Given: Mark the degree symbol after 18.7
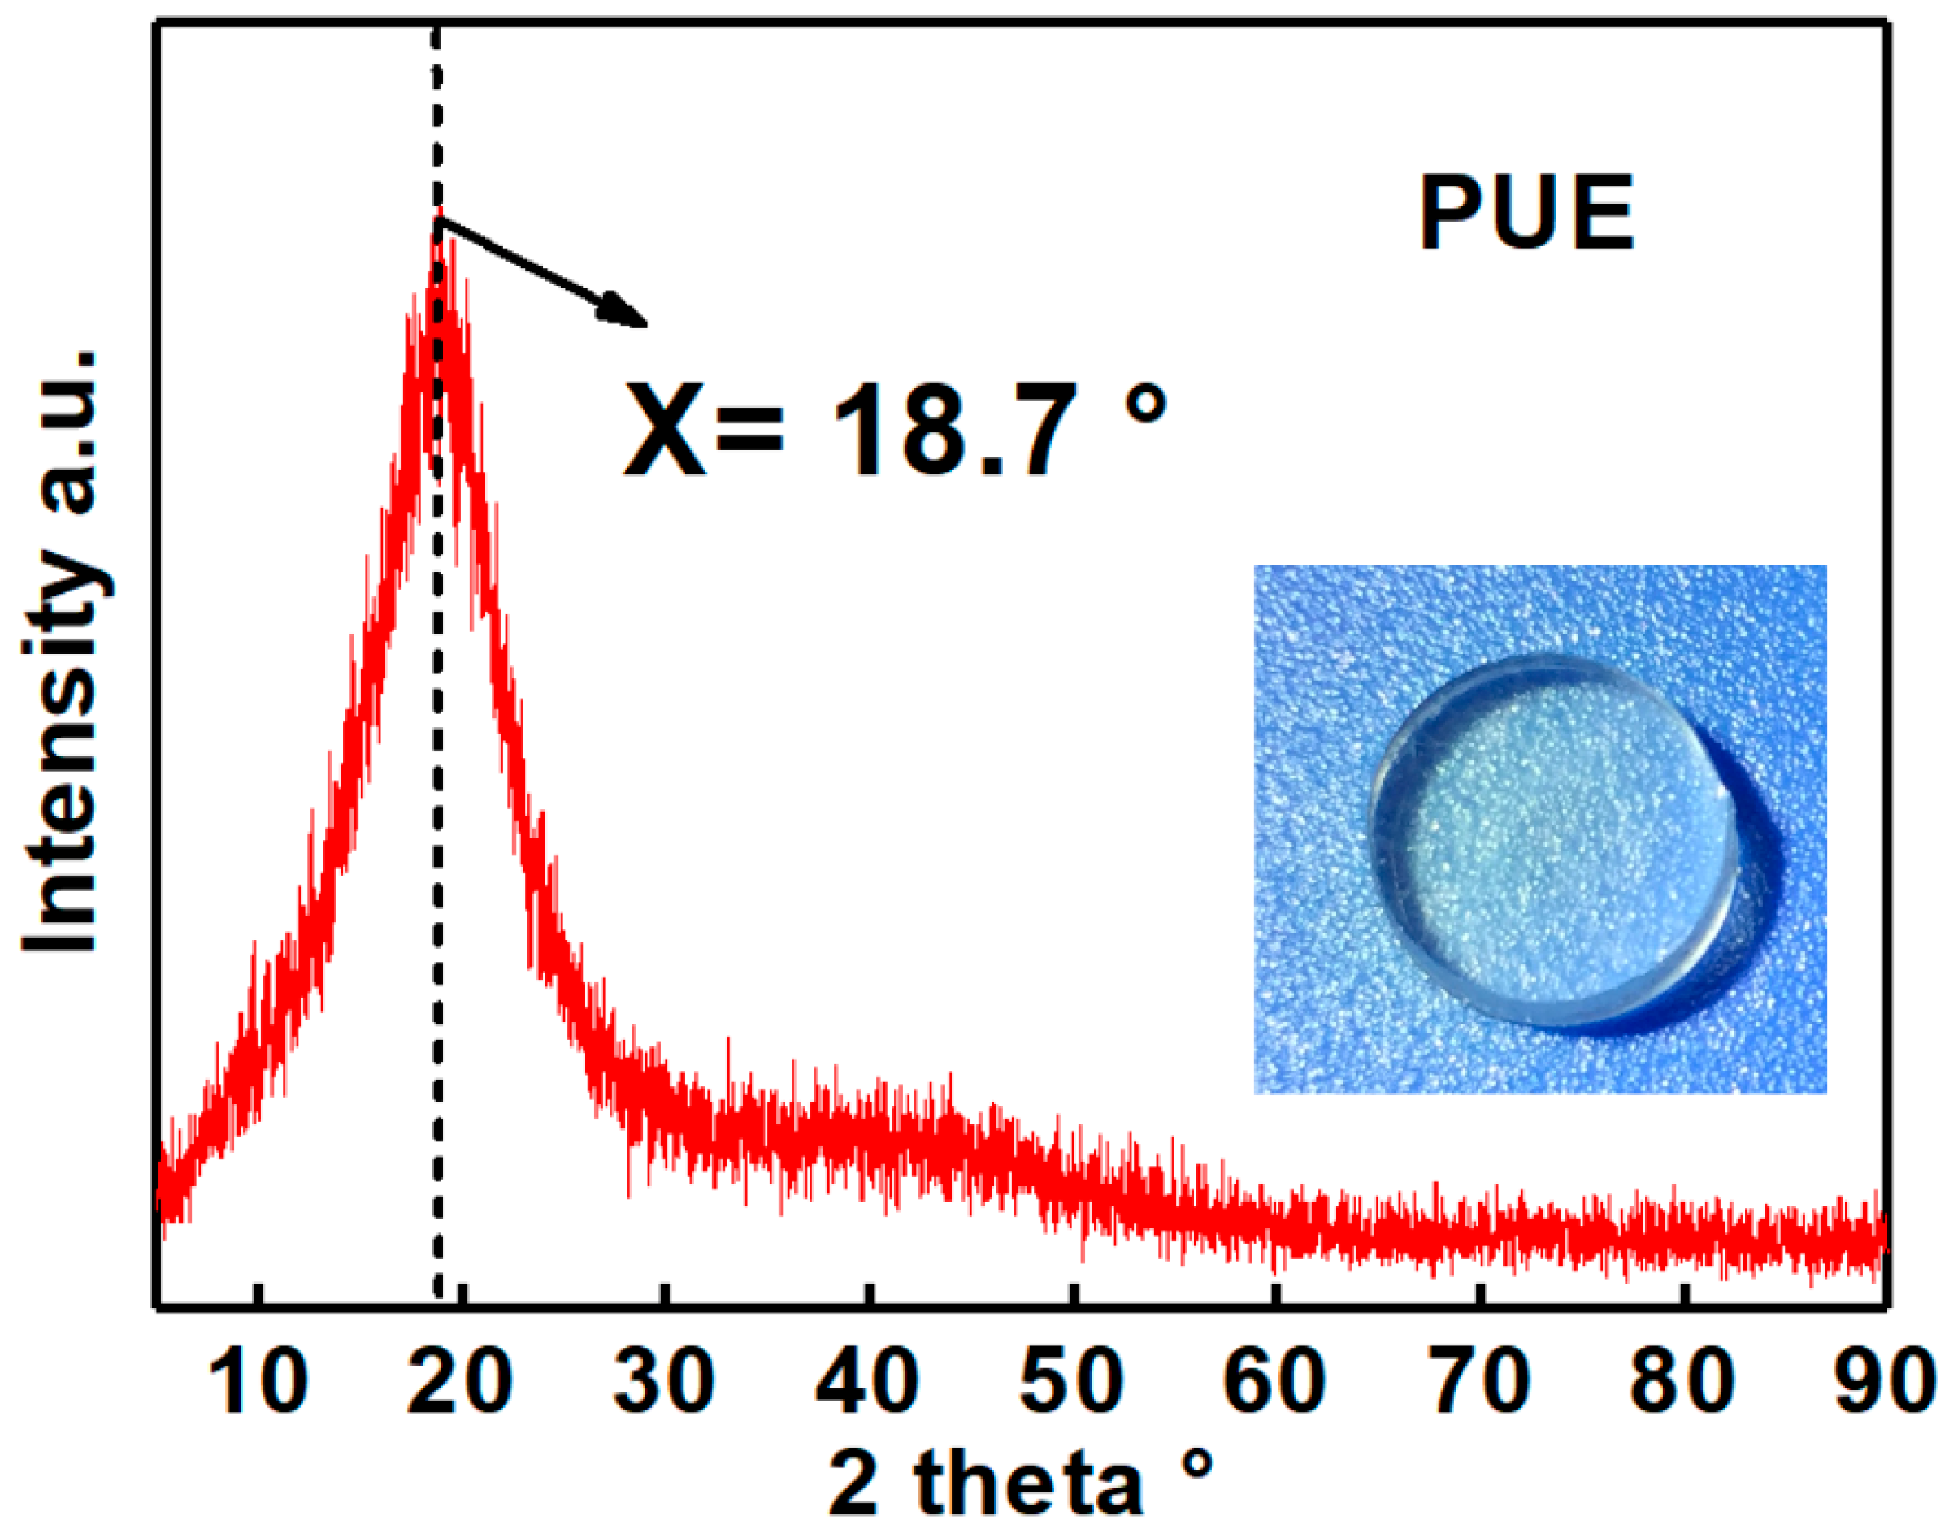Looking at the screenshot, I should pyautogui.click(x=1144, y=403).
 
